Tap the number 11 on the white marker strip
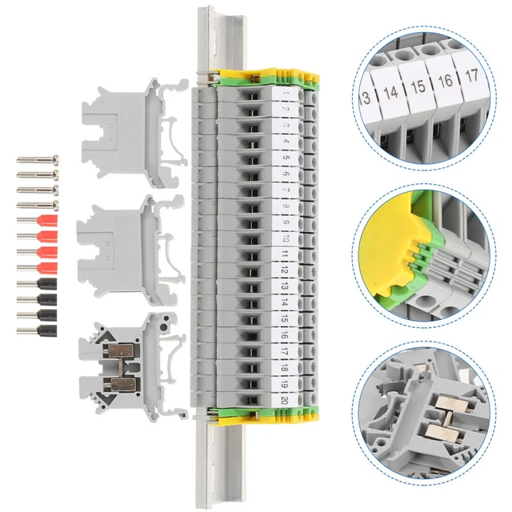coord(286,256)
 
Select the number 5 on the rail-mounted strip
coord(286,158)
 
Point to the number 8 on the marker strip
coord(286,206)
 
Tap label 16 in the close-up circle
coord(446,81)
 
